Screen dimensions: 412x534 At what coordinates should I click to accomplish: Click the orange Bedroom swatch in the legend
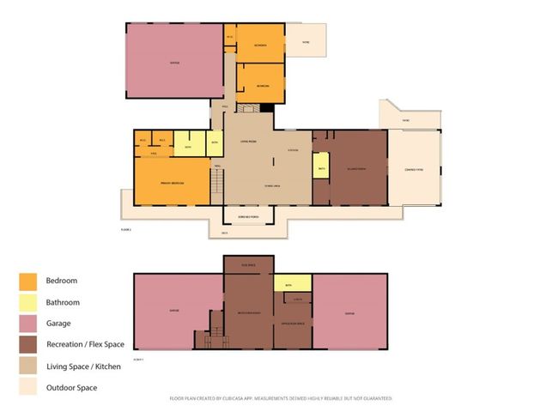(x=27, y=281)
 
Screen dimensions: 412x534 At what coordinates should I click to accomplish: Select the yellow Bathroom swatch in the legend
(x=27, y=302)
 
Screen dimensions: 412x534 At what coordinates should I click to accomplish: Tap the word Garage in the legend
(x=59, y=324)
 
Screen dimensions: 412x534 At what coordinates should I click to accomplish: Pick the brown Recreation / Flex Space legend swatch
(x=27, y=345)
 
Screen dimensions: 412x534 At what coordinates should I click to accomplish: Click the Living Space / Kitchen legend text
(x=83, y=367)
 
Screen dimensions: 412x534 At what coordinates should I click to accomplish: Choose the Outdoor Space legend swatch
(x=27, y=387)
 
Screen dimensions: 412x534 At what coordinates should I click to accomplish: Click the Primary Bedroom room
(x=173, y=184)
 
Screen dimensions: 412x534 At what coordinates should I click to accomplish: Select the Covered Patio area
(x=415, y=169)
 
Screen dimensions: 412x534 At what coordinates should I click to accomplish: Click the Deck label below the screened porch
(x=225, y=233)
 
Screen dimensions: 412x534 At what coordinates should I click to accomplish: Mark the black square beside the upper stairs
(x=267, y=107)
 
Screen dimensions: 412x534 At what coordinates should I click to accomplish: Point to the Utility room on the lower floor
(x=298, y=299)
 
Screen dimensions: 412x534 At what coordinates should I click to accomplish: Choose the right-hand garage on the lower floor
(x=349, y=311)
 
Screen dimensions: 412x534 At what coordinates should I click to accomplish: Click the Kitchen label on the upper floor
(x=293, y=150)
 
